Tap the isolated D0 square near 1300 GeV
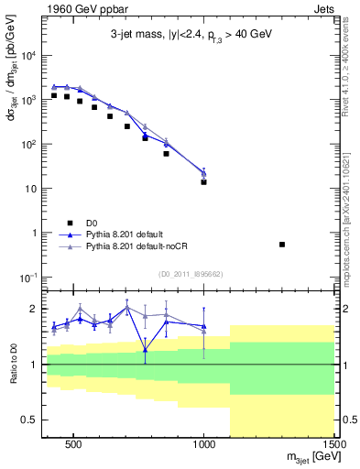click(282, 244)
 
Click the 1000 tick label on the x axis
click(203, 445)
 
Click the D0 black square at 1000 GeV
click(203, 181)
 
